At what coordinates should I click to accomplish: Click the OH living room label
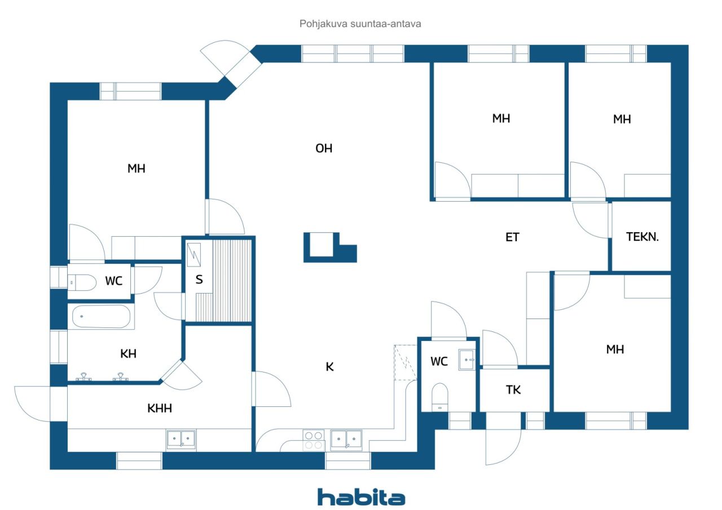coord(324,148)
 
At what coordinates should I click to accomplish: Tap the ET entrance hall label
coord(512,237)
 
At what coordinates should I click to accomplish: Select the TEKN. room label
coord(642,237)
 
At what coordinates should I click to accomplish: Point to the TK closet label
coord(513,390)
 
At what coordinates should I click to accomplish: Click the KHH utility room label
coord(160,408)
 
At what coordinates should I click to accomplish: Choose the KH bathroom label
coord(128,354)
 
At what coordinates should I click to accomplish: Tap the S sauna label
coord(199,280)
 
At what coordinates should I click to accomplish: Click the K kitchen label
coord(329,367)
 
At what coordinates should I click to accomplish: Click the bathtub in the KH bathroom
coord(101,317)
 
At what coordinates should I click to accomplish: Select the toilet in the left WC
coord(82,282)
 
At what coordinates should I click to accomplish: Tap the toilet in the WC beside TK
coord(439,397)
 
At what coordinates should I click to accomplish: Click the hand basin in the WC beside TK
coord(466,360)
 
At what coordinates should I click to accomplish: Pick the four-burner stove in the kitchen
coord(313,440)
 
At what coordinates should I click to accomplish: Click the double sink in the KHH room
coord(181,439)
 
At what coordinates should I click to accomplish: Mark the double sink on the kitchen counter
coord(346,440)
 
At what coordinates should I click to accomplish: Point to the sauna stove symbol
coord(193,255)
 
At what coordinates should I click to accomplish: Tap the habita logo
coord(361,497)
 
